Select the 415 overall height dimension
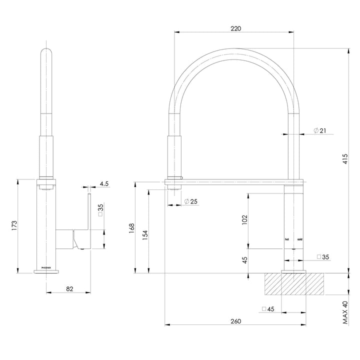[x=345, y=159]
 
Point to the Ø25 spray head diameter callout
[x=190, y=201]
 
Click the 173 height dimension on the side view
[x=14, y=225]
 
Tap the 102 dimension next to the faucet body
[x=245, y=220]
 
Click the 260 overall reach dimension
[x=235, y=321]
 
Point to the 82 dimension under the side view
[x=69, y=288]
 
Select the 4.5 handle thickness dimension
[x=104, y=184]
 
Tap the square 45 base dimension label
[x=268, y=309]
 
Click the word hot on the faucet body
[x=287, y=239]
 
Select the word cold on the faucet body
[x=299, y=239]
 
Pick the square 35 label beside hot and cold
[x=322, y=257]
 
